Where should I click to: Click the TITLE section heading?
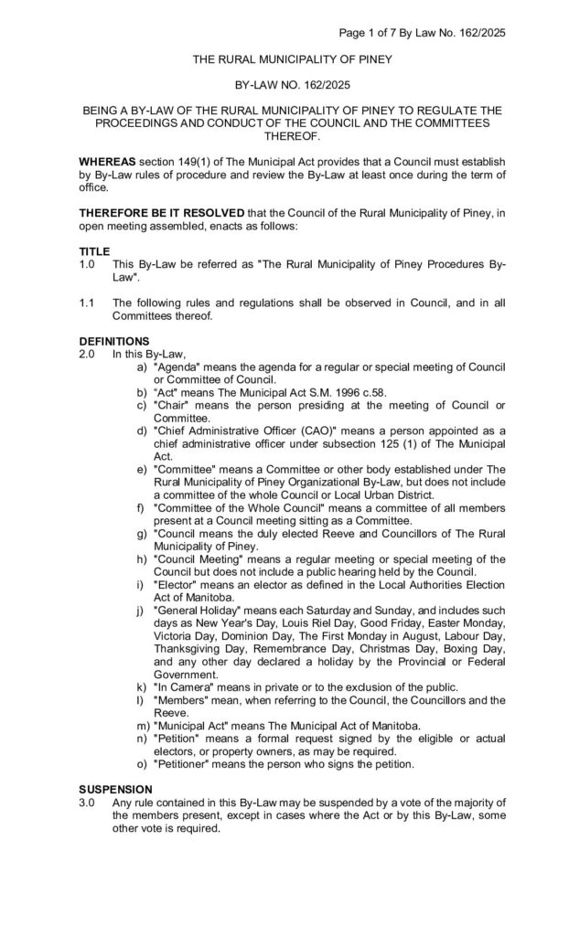[94, 251]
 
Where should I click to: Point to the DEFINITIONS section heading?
[114, 340]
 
